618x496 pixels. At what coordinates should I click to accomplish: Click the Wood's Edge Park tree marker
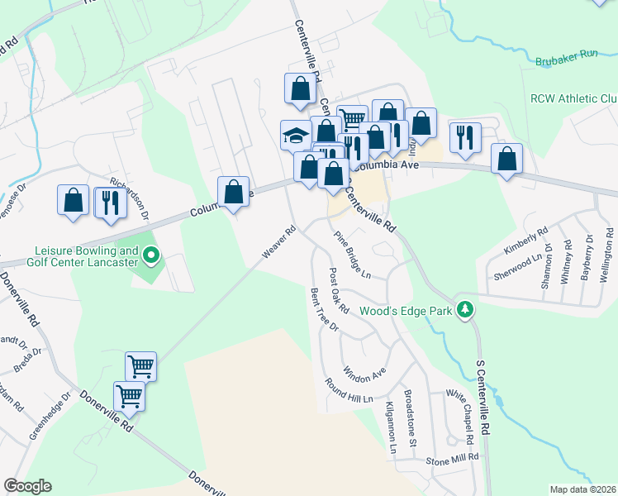click(466, 309)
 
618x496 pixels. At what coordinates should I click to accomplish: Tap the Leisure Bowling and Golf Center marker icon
click(150, 258)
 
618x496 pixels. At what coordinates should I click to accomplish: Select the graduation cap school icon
click(295, 135)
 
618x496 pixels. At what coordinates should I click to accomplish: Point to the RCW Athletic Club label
click(573, 99)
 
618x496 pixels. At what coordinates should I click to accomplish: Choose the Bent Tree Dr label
click(324, 309)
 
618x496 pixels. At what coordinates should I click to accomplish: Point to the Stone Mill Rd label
click(452, 457)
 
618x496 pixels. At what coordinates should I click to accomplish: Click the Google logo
click(27, 486)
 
